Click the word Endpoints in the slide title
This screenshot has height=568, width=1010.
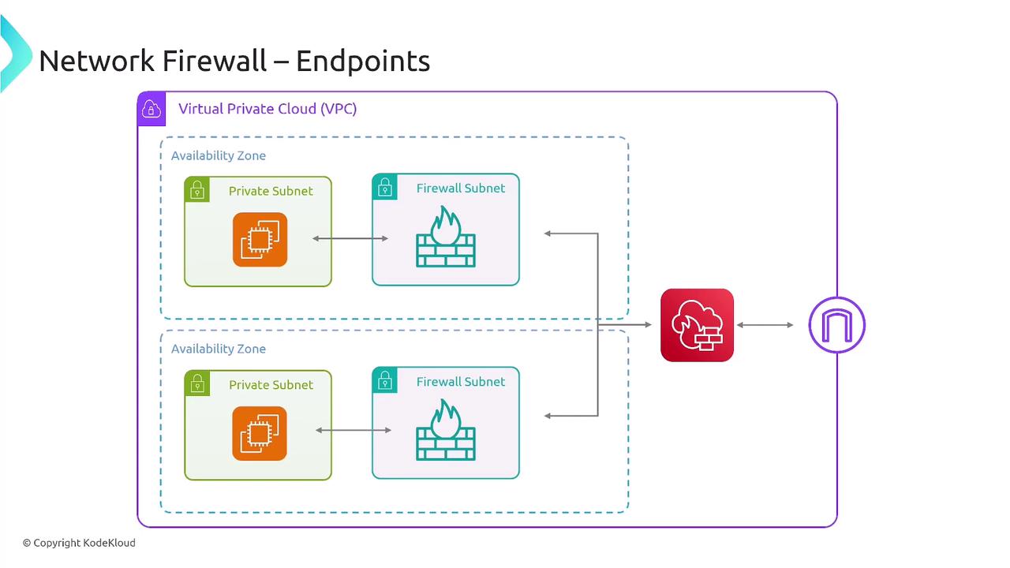[x=363, y=61]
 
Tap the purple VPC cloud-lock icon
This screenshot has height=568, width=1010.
[x=151, y=109]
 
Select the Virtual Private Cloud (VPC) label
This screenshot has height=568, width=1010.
[x=267, y=109]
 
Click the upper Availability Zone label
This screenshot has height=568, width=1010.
[x=219, y=155]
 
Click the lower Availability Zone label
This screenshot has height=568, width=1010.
[x=219, y=349]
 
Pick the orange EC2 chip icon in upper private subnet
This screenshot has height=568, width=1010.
[x=260, y=240]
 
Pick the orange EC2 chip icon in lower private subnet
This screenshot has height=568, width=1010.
[x=260, y=433]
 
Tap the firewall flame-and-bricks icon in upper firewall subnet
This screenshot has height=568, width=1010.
[x=446, y=237]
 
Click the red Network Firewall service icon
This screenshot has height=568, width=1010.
[x=697, y=325]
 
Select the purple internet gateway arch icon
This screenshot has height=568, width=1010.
[x=837, y=325]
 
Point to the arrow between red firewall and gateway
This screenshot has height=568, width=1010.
[x=765, y=325]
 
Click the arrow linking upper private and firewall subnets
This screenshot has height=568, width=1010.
[x=350, y=238]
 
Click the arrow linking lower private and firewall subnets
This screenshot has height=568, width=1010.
[x=353, y=430]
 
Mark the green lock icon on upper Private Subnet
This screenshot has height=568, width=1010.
[x=197, y=190]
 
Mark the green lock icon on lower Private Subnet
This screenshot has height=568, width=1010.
[x=197, y=383]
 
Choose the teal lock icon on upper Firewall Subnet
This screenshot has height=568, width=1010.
[x=385, y=187]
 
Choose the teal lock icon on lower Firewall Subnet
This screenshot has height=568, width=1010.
[x=385, y=380]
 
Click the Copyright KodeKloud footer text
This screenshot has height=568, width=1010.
[x=79, y=543]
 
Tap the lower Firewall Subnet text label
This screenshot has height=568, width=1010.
[x=461, y=382]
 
